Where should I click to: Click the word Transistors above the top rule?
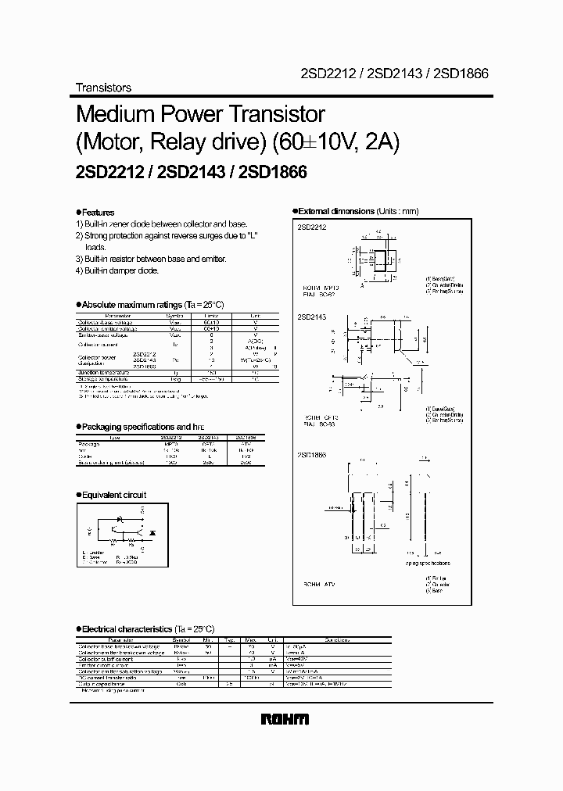click(103, 88)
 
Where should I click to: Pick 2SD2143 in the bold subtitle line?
click(191, 174)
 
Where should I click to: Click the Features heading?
click(98, 213)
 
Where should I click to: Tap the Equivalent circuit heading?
click(113, 495)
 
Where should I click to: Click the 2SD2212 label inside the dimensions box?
click(311, 227)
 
